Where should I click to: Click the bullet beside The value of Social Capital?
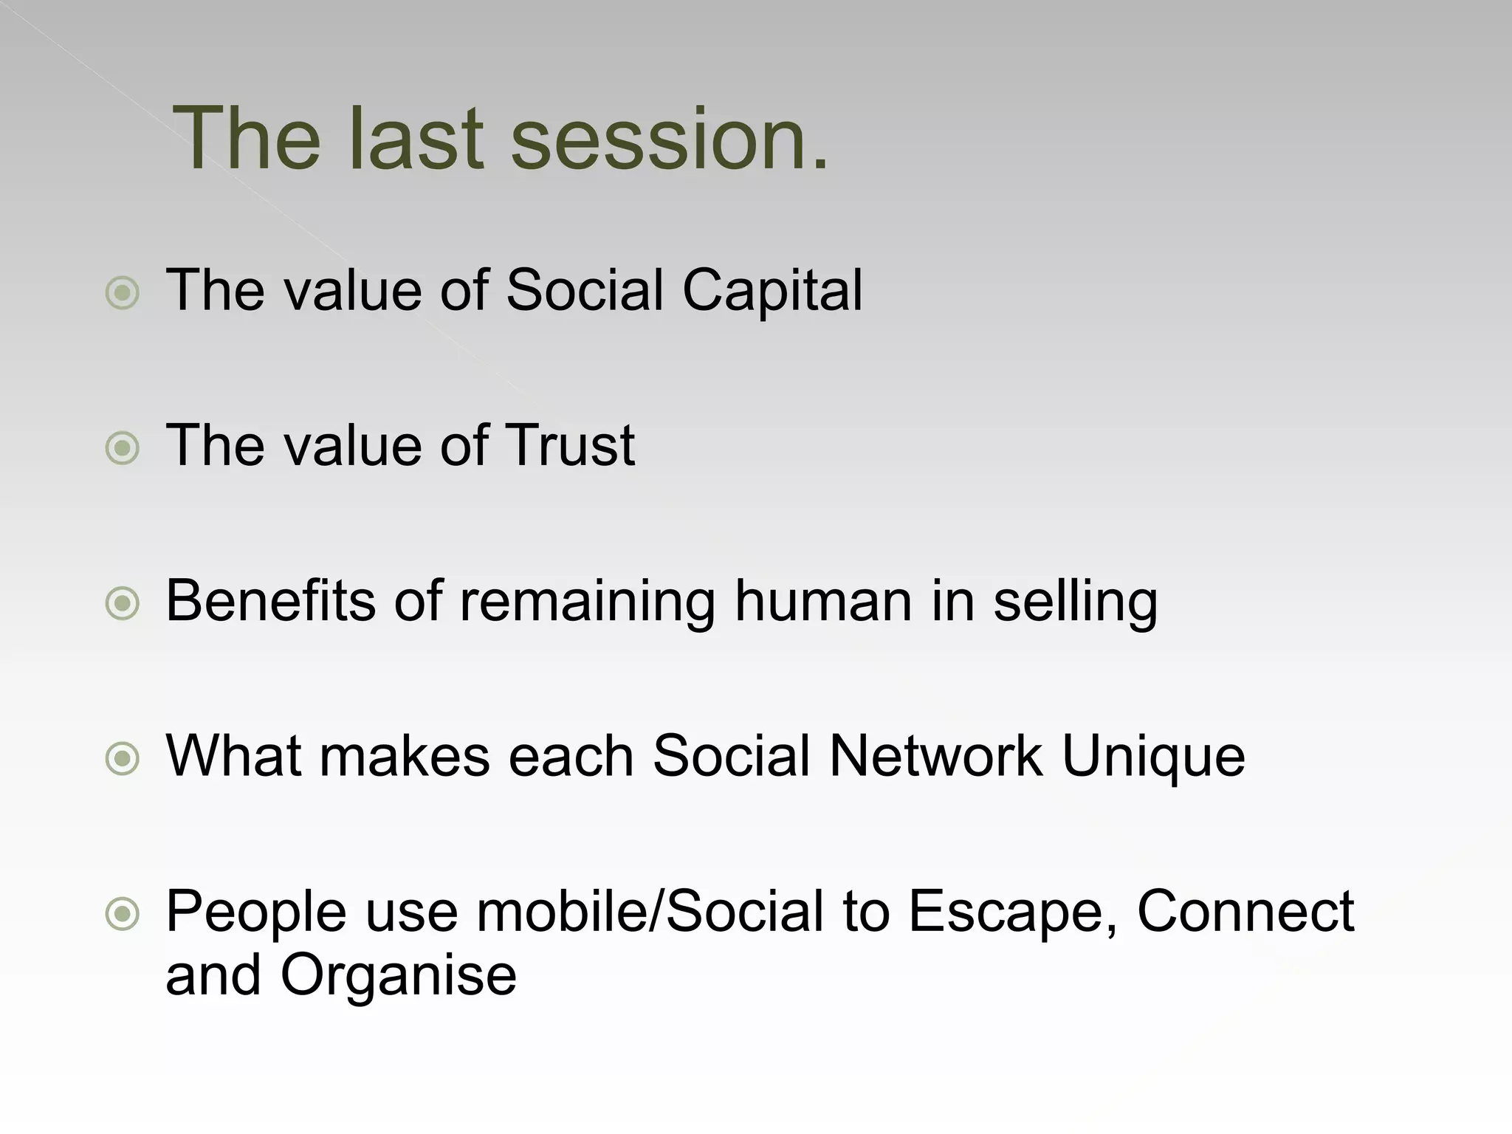pyautogui.click(x=123, y=293)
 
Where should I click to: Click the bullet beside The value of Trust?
pyautogui.click(x=123, y=448)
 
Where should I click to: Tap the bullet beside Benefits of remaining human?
pyautogui.click(x=123, y=604)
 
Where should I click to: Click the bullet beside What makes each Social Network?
pyautogui.click(x=123, y=759)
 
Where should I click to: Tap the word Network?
pyautogui.click(x=935, y=755)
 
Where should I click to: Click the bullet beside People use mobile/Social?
pyautogui.click(x=123, y=915)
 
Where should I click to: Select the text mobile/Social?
pyautogui.click(x=650, y=911)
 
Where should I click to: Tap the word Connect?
pyautogui.click(x=1245, y=911)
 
